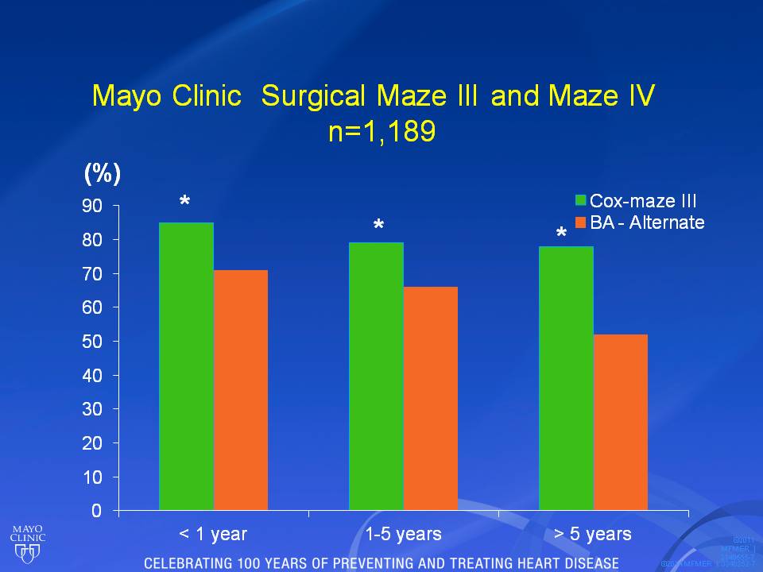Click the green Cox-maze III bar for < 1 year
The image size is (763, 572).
186,366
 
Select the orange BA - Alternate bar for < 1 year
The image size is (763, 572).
240,390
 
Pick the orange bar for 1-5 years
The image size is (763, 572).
430,398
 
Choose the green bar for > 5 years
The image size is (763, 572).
566,378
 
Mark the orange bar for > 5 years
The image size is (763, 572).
620,422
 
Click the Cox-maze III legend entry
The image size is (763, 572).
641,200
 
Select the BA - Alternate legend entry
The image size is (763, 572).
641,222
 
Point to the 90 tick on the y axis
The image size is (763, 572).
93,206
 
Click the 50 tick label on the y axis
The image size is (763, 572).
93,342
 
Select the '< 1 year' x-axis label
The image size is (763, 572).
213,534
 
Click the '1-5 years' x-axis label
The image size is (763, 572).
403,534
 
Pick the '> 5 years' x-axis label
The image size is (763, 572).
593,534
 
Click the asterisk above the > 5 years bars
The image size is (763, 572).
561,235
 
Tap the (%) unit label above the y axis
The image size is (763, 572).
103,173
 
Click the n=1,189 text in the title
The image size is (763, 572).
381,130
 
